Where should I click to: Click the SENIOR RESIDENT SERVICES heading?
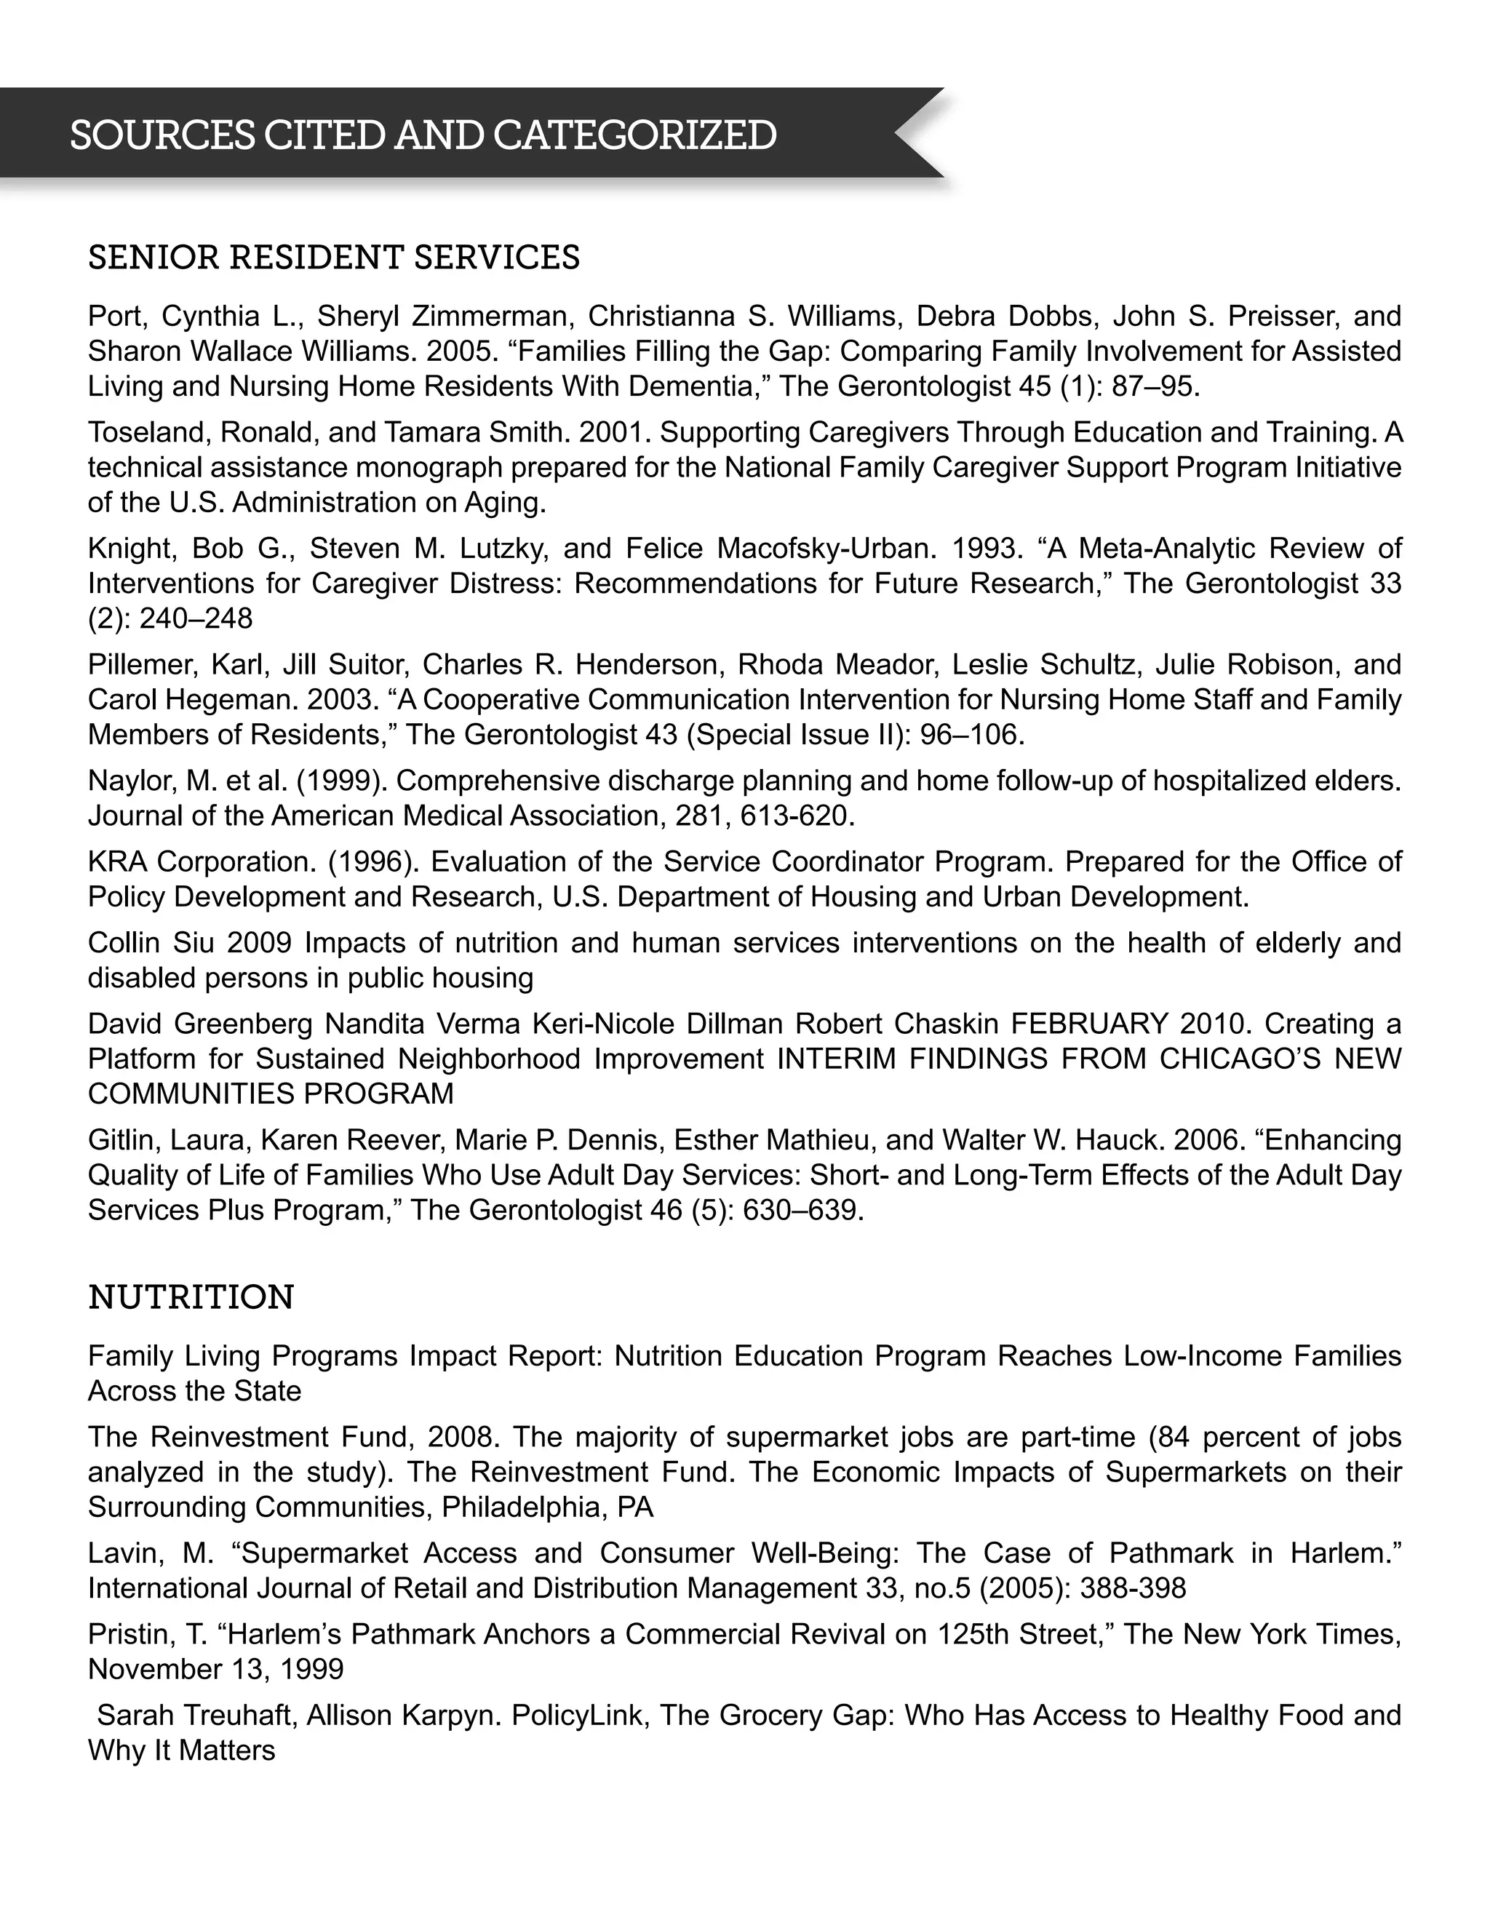pyautogui.click(x=334, y=257)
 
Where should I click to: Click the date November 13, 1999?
pyautogui.click(x=215, y=1668)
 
